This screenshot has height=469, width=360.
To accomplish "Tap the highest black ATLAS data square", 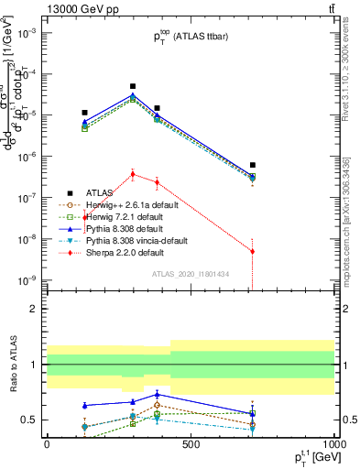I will point(133,86).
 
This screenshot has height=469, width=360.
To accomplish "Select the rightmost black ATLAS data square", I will point(252,165).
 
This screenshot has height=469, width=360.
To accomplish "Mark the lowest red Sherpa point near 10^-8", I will point(252,251).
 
